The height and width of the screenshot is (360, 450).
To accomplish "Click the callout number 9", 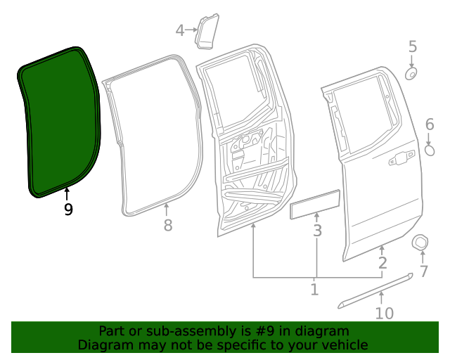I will point(67,210).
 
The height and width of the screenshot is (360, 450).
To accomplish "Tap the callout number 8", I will point(167,226).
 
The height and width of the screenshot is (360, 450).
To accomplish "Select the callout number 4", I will point(180,30).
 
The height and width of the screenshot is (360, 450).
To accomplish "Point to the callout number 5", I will point(413,47).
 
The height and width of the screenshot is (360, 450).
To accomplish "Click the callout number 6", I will point(430,125).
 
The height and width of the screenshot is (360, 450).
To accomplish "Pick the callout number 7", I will point(423,271).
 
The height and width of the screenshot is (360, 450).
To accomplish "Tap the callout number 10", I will point(385,312).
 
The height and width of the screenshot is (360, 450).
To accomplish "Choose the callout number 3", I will point(317,231).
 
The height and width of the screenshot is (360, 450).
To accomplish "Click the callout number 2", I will point(382,264).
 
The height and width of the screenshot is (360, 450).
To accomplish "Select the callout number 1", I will point(314,289).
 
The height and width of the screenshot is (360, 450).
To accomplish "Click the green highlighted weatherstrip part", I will point(60,123).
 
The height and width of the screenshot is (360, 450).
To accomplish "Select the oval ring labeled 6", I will point(430,150).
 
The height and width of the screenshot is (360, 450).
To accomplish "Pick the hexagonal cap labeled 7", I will point(420,243).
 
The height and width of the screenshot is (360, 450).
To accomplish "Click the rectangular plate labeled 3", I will point(316,205).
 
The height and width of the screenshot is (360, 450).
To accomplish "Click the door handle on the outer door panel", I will point(401,160).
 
